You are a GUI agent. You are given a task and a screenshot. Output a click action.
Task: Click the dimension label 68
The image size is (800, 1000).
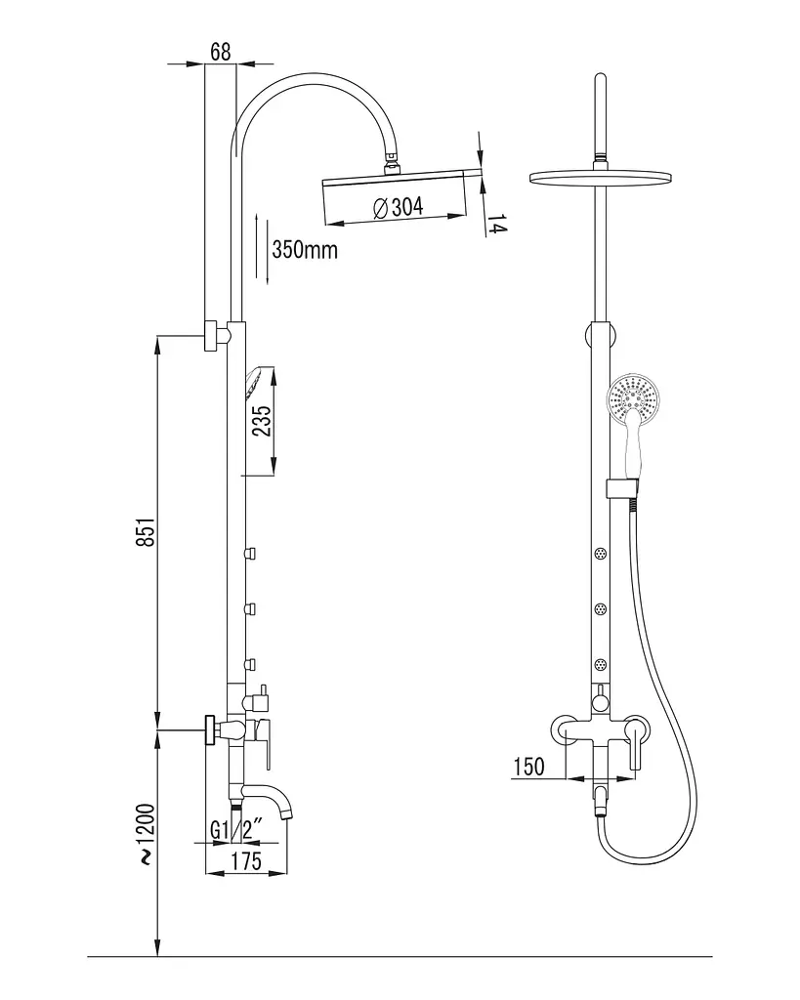point(220,51)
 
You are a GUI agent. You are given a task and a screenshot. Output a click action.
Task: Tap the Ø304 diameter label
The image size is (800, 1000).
point(399,207)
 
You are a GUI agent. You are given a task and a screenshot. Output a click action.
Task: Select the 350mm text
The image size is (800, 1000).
point(305,249)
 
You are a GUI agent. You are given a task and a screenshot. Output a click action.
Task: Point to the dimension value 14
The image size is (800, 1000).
point(497,225)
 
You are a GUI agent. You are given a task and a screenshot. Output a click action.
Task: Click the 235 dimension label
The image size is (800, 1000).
point(262,420)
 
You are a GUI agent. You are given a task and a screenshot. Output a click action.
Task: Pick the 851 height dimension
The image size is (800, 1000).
point(146,531)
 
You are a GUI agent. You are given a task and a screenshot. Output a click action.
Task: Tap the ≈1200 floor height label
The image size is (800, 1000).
point(147,834)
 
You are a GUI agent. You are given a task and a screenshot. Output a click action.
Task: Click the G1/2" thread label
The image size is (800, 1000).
point(236,830)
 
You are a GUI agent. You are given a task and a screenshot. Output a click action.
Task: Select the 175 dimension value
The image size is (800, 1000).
point(245,861)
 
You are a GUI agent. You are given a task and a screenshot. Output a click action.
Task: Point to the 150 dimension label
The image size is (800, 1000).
point(528,766)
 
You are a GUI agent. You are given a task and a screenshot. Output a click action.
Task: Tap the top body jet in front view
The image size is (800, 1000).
point(601,553)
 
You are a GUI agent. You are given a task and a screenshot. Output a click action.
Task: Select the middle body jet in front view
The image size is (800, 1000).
point(601,609)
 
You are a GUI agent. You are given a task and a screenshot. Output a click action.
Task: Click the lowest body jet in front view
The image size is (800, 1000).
point(601,666)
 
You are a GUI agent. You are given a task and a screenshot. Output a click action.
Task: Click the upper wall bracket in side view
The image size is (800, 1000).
point(214,335)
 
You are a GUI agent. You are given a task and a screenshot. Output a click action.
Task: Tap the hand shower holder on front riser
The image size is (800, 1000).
point(621,487)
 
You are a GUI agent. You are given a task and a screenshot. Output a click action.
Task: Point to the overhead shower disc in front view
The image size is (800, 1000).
point(601,176)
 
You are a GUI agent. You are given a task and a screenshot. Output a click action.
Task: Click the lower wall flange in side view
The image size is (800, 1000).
point(210,729)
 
